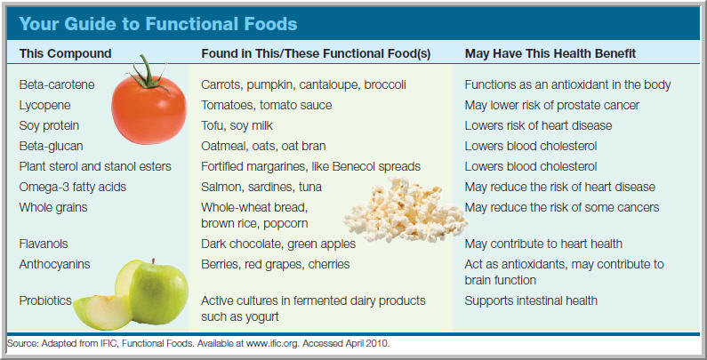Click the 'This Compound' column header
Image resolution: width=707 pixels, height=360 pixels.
65,53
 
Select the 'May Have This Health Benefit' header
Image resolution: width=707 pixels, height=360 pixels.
549,53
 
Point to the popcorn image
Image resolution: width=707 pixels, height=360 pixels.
414,209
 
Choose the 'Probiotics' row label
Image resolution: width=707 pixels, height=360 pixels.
45,300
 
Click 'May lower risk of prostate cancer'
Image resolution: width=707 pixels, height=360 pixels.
552,105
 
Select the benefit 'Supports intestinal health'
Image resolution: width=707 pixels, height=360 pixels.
532,300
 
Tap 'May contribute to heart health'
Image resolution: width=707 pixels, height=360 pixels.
543,244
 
